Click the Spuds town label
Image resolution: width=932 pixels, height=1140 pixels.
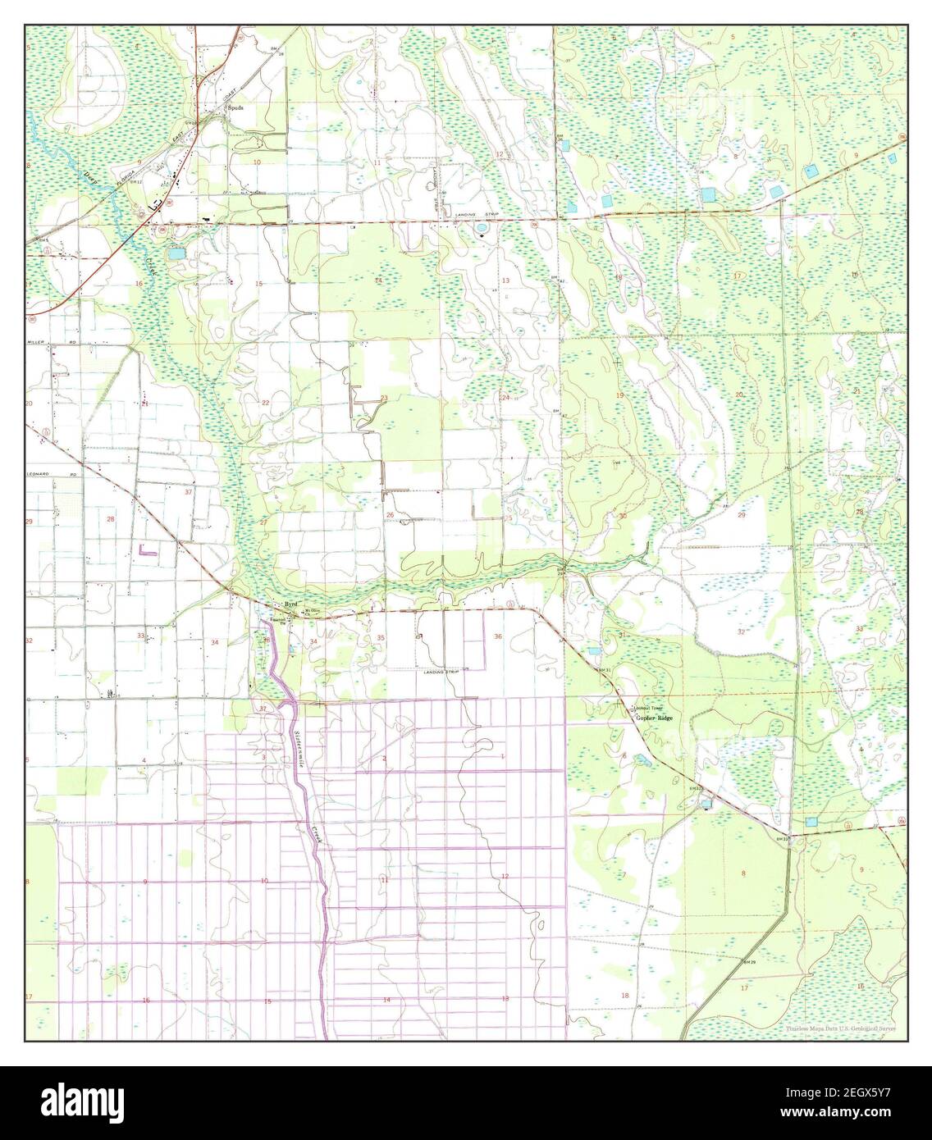point(237,116)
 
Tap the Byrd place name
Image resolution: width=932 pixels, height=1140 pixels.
point(290,604)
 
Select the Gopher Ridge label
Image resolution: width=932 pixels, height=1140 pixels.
point(653,718)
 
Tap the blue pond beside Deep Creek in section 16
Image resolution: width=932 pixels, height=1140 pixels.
point(176,255)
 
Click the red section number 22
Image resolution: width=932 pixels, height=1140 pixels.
point(265,403)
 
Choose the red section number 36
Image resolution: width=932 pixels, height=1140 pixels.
point(497,636)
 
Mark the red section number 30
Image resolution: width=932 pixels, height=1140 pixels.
point(623,516)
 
